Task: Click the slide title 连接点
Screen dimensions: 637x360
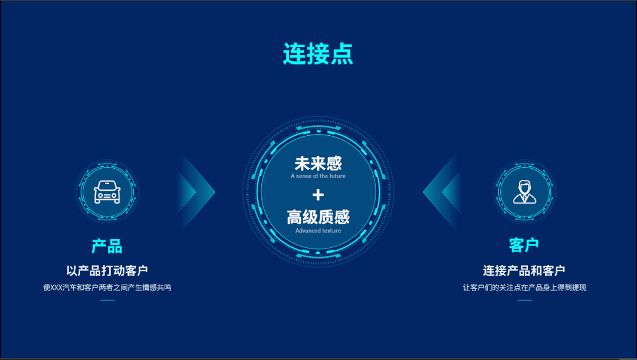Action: (x=318, y=54)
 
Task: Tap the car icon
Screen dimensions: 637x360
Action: (x=107, y=192)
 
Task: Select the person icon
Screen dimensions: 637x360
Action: (x=524, y=192)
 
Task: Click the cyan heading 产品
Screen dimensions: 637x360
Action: (x=107, y=246)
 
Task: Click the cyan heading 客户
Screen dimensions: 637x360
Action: (x=524, y=245)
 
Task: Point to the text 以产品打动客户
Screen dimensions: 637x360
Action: (x=107, y=271)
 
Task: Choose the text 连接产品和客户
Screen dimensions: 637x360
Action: (x=524, y=271)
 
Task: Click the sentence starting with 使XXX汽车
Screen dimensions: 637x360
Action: (x=107, y=287)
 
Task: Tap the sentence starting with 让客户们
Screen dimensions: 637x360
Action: (x=524, y=287)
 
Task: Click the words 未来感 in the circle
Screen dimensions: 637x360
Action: (x=318, y=163)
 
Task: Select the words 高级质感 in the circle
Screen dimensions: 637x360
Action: (x=318, y=217)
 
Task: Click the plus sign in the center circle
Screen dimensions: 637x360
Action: (x=318, y=195)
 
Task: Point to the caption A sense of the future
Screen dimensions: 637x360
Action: (x=318, y=176)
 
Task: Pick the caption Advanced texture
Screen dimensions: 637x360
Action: (x=318, y=230)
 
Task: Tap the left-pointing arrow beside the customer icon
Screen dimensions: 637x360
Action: (x=442, y=192)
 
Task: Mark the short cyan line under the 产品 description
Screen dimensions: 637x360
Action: (x=107, y=300)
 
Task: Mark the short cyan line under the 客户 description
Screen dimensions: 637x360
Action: (x=524, y=300)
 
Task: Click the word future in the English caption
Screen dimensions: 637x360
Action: (x=337, y=176)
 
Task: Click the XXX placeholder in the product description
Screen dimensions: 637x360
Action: (x=57, y=287)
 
